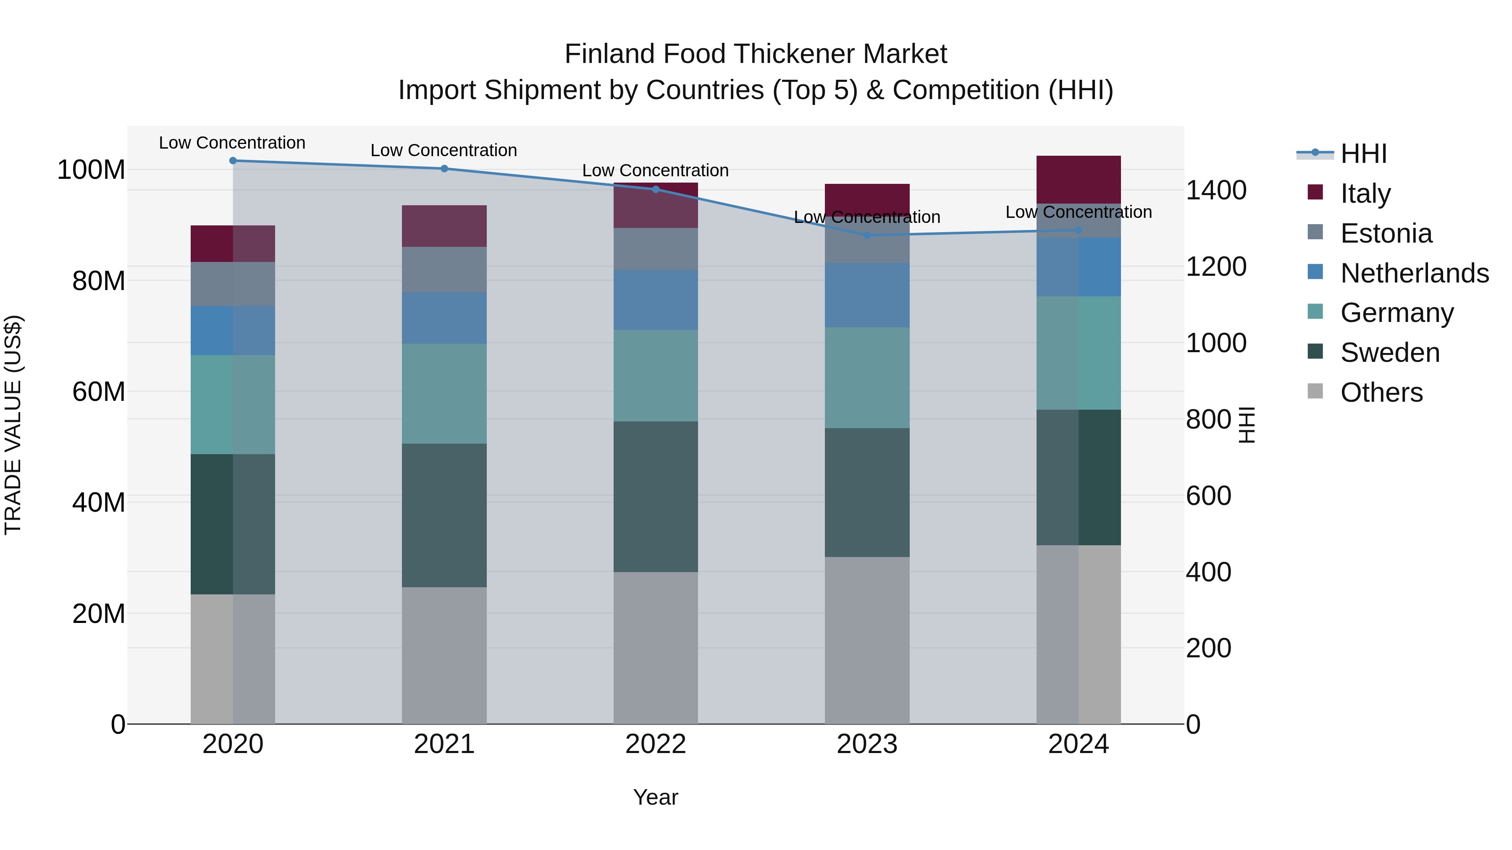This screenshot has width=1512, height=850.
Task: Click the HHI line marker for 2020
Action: coord(233,161)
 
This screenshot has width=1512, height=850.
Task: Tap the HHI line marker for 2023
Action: coord(867,235)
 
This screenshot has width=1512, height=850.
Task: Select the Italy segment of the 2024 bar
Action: coord(1078,180)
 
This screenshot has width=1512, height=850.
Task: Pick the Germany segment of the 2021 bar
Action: coord(444,394)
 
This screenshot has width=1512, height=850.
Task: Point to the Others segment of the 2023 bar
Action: coord(867,640)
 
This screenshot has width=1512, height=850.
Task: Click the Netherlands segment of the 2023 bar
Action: coord(867,295)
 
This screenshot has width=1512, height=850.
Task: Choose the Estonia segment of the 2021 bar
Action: coord(444,270)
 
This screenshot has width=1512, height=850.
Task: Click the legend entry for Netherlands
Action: coord(1414,273)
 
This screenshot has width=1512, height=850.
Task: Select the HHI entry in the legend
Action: coord(1363,154)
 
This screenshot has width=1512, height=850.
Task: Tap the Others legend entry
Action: coord(1381,392)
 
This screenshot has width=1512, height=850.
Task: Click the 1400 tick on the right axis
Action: coord(1215,191)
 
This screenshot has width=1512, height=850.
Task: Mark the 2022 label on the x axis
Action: coord(656,744)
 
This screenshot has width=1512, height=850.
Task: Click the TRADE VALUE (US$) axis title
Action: coord(13,425)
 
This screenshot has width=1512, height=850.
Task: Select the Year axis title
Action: coord(656,797)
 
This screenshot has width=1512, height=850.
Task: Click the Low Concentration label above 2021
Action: coord(444,151)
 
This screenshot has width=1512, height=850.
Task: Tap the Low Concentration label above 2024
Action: coord(1078,212)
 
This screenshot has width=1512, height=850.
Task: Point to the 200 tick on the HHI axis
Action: coord(1208,648)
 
